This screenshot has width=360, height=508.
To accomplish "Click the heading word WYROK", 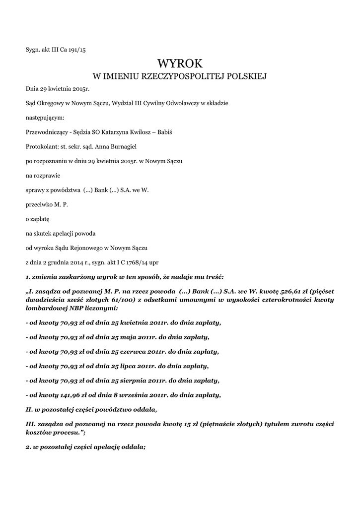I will click(180, 63).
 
